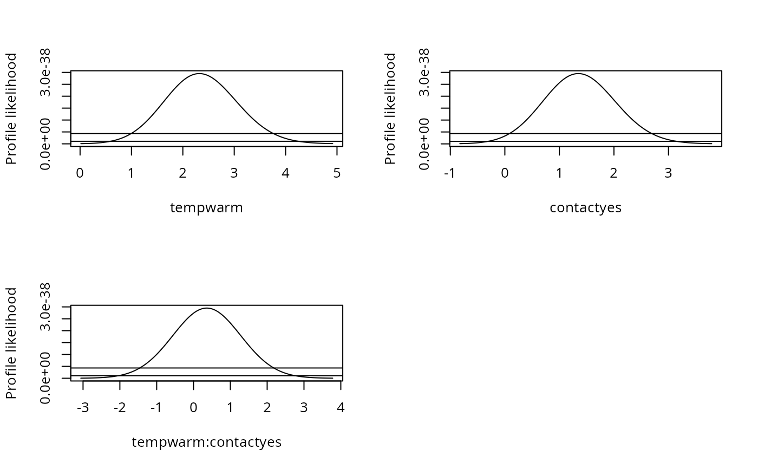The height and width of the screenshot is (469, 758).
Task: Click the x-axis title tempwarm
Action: coord(206,208)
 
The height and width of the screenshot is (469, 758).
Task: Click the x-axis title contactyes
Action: coord(585,208)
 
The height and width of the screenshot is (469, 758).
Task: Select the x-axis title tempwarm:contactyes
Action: coord(206,442)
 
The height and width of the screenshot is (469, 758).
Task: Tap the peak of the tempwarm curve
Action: coord(199,74)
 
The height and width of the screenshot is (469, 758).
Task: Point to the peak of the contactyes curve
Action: coord(578,74)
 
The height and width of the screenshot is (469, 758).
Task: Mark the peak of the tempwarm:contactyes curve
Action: coord(206,308)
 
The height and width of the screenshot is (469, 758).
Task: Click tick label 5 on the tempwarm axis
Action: coord(337,173)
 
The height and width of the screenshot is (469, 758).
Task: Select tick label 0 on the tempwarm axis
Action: coord(80,173)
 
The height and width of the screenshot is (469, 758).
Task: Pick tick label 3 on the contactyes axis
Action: coord(668,173)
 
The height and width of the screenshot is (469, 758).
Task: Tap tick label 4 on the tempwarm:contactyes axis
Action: coord(341,408)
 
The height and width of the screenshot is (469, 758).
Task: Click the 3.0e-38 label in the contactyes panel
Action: coord(425,72)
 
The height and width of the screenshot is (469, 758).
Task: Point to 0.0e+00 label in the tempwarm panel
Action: coord(46,145)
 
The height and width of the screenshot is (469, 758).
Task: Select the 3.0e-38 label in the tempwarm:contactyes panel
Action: coord(46,307)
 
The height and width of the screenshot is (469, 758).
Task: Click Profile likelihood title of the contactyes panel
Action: coord(390,108)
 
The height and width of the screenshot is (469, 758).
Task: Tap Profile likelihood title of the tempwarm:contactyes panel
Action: coord(11,343)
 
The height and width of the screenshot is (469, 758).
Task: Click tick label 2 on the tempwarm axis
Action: coord(183,173)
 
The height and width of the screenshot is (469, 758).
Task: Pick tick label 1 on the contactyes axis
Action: coord(559,173)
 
